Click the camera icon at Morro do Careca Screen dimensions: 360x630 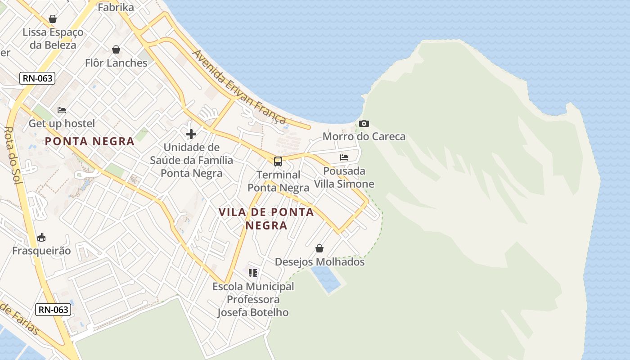(x=364, y=123)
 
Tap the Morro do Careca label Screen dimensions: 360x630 (x=364, y=136)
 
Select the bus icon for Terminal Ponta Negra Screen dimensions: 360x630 (x=278, y=161)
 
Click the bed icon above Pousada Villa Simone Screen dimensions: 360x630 (x=344, y=157)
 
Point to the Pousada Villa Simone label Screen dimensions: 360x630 (x=344, y=177)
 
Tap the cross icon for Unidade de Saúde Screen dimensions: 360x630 (x=191, y=134)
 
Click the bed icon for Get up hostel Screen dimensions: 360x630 (x=62, y=110)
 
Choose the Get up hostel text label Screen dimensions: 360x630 (x=62, y=123)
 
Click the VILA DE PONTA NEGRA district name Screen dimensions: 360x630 (x=266, y=218)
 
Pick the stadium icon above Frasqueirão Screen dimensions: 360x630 (x=41, y=237)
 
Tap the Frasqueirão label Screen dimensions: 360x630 (x=41, y=251)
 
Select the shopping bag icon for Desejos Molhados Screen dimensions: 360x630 (x=319, y=248)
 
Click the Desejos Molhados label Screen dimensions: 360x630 (x=319, y=262)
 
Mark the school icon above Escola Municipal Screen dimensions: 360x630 (x=253, y=273)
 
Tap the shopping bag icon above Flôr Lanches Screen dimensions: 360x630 (x=116, y=49)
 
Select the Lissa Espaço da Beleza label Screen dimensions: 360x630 (x=53, y=39)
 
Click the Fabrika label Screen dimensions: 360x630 (x=116, y=7)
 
